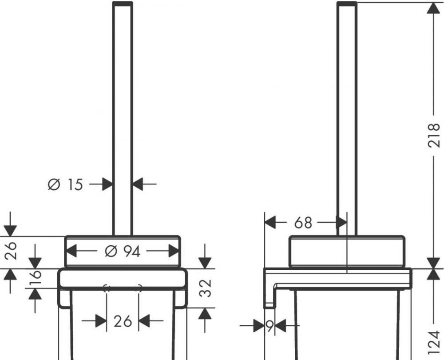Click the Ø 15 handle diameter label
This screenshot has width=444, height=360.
[x=65, y=184]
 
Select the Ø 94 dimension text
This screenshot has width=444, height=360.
[x=123, y=252]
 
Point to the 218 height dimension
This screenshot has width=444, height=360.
[x=436, y=136]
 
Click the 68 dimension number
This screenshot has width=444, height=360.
[x=303, y=223]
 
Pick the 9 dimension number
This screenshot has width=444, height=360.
[x=270, y=327]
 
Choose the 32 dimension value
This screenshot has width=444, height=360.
[x=205, y=288]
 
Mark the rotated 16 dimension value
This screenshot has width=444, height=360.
[x=36, y=279]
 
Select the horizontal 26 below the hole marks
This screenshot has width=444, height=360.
[x=123, y=321]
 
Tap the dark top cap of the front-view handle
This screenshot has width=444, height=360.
[x=123, y=4]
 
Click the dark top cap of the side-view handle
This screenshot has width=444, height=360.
[x=347, y=4]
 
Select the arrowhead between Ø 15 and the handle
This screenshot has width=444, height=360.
[x=107, y=184]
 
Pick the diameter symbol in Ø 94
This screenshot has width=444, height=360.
[x=111, y=252]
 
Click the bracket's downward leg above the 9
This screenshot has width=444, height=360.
[x=269, y=298]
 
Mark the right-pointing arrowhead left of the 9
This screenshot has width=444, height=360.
[x=259, y=327]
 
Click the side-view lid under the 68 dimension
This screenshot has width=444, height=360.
[x=347, y=252]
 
